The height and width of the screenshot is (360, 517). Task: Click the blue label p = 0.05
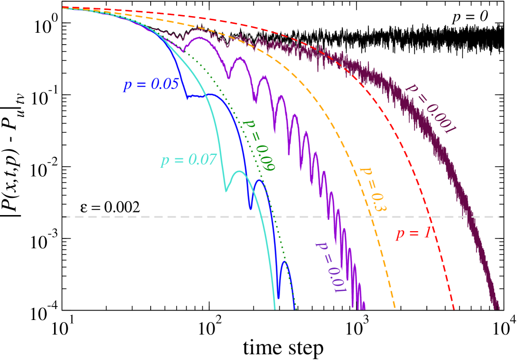point(151,85)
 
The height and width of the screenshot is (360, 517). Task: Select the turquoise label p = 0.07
point(188,159)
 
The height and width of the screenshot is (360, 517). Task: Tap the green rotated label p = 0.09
point(259,145)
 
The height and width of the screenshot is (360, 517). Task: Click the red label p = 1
point(413,233)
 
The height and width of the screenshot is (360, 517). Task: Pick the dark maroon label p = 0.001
point(431,108)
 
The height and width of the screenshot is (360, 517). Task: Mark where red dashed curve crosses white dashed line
point(430,217)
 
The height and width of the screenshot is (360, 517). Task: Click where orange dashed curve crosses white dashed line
point(369,217)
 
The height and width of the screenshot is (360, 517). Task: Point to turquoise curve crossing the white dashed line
point(260,217)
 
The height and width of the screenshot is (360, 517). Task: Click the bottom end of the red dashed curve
point(454,310)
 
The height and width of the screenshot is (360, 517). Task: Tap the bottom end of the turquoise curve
point(275,310)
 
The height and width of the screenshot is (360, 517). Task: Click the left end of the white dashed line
point(63,217)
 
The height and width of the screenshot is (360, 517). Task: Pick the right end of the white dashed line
point(502,217)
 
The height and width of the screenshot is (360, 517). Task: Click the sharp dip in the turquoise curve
point(226,191)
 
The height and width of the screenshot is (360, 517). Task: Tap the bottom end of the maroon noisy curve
point(498,309)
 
